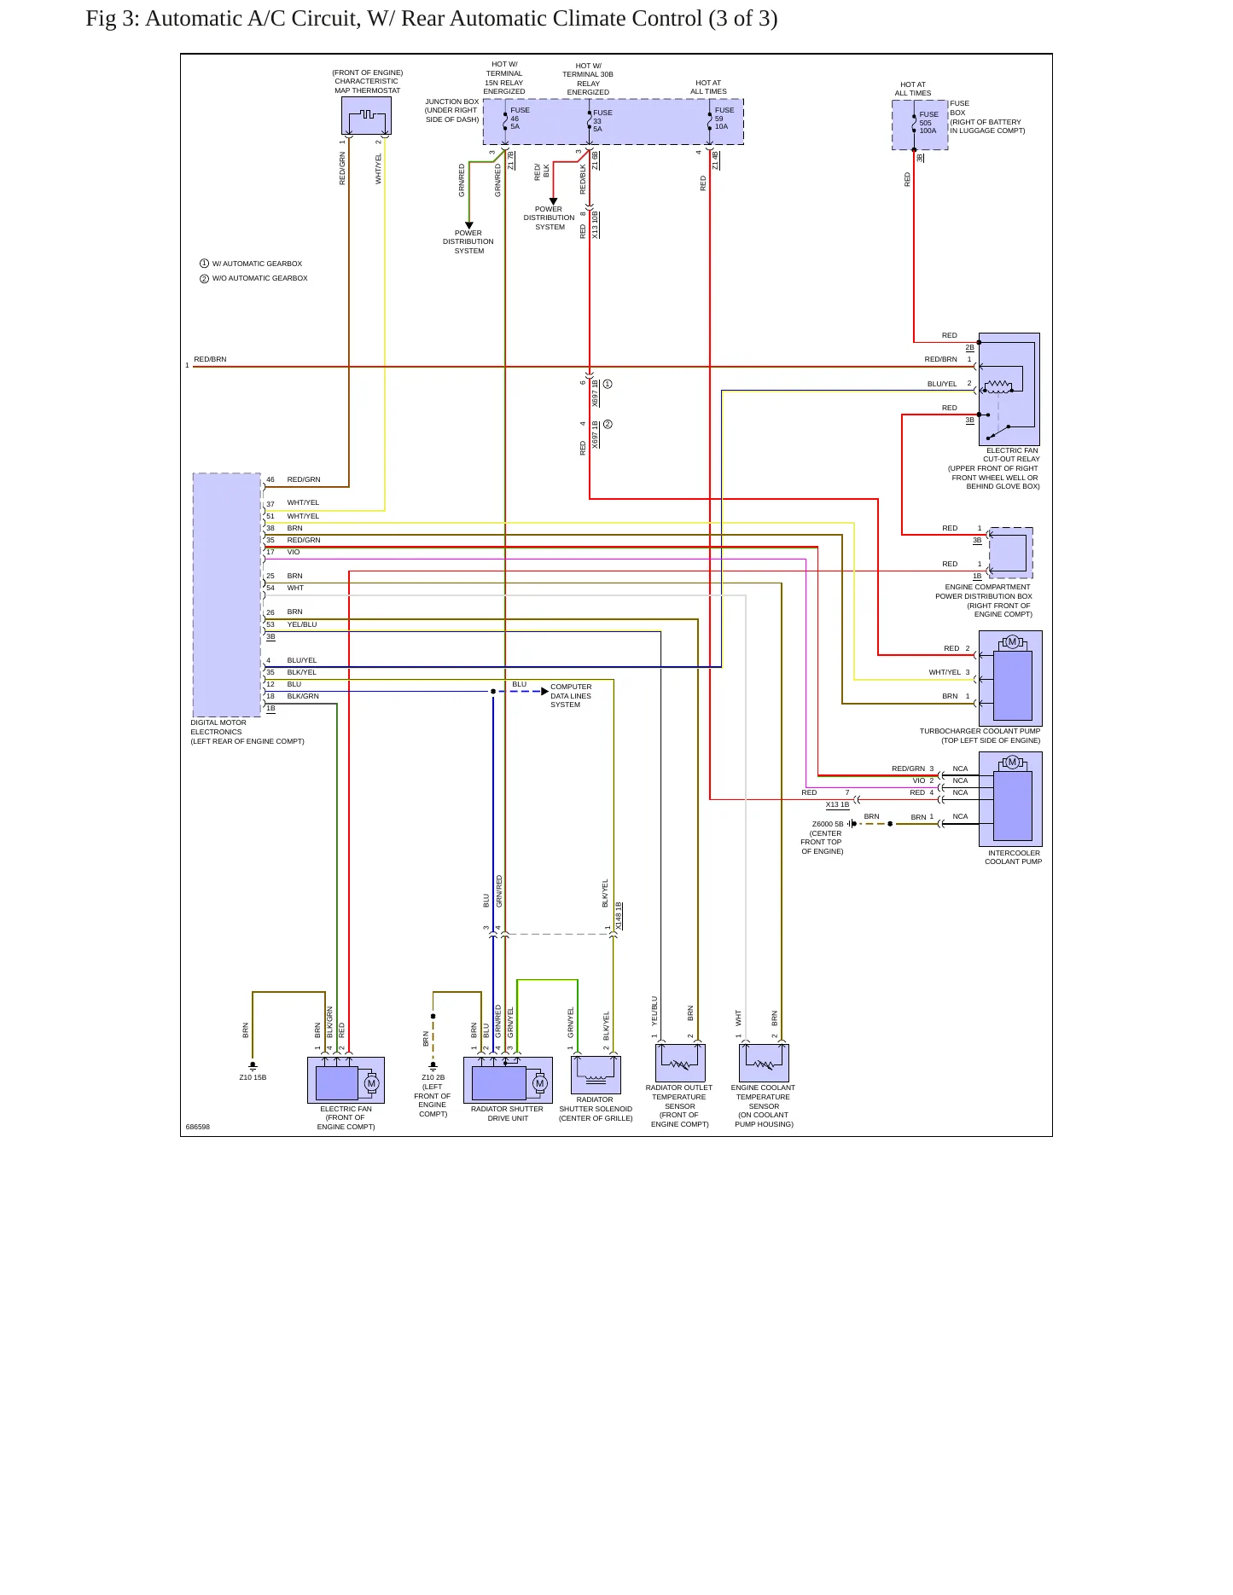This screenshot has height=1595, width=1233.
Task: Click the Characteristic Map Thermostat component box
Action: pyautogui.click(x=366, y=115)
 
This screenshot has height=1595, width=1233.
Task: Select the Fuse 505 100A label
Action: pyautogui.click(x=928, y=123)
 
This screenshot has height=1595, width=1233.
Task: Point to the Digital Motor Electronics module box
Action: pyautogui.click(x=227, y=594)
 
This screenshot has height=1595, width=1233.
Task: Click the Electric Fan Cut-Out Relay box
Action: pyautogui.click(x=1009, y=389)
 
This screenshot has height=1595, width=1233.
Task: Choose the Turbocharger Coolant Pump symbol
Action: pyautogui.click(x=1010, y=678)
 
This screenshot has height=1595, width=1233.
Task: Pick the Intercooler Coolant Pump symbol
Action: pyautogui.click(x=1010, y=799)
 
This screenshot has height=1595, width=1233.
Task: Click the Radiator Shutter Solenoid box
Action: pyautogui.click(x=596, y=1075)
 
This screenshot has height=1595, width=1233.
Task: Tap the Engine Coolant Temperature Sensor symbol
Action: pyautogui.click(x=764, y=1063)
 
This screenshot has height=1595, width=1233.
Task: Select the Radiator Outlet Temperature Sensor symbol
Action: pyautogui.click(x=680, y=1063)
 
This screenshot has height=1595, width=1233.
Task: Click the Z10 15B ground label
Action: pyautogui.click(x=253, y=1077)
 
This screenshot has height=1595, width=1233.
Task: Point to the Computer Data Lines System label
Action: pyautogui.click(x=570, y=696)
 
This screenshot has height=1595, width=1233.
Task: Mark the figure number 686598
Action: pyautogui.click(x=198, y=1127)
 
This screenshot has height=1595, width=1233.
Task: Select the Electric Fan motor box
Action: pyautogui.click(x=346, y=1081)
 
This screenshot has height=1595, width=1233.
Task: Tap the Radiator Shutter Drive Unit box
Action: pyautogui.click(x=508, y=1081)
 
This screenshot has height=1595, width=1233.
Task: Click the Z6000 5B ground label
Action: pyautogui.click(x=828, y=825)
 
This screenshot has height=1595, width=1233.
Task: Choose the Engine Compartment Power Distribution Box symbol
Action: pyautogui.click(x=1010, y=553)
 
